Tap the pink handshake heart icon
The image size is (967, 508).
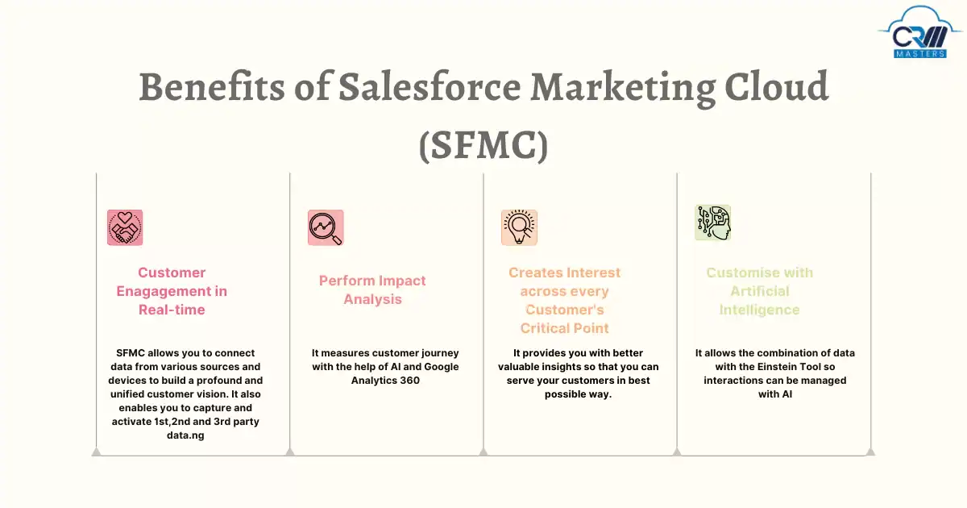coord(125,227)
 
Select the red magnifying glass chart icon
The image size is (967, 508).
coord(326,227)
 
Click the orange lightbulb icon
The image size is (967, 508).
coord(519,227)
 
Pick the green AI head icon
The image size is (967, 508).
coord(713,223)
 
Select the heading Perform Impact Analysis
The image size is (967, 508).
coord(372,289)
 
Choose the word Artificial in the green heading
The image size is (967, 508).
coord(760,291)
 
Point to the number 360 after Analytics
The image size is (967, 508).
coord(408,381)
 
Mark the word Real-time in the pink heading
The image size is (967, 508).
coord(172,310)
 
